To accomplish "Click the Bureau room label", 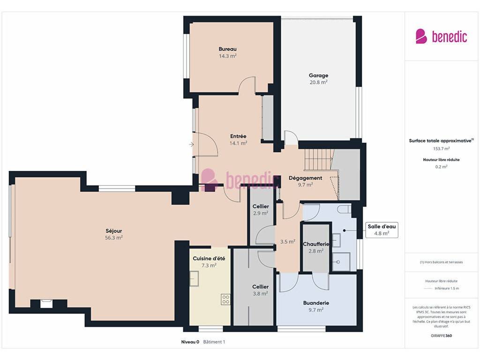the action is point(227,49).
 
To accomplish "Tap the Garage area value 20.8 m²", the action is point(318,82).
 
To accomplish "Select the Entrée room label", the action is point(238,136).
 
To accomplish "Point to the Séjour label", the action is point(113,231).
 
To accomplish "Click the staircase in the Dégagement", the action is point(318,159).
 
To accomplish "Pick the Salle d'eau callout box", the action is point(382,230).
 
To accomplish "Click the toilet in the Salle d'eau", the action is point(344,210).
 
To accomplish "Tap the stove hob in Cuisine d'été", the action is point(225,300).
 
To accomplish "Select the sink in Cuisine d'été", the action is point(194,278).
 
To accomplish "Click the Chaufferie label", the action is point(316,244).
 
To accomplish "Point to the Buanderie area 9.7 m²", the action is point(316,310).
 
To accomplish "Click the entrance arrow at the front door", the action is point(192,144).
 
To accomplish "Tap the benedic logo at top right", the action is point(441,37).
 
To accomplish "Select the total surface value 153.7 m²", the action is point(441,149).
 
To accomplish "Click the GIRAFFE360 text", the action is point(441,336).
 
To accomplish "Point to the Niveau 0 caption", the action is point(190,342).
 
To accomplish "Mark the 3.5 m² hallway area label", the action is point(288,241).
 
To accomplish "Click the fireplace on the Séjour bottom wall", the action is point(46,303).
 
